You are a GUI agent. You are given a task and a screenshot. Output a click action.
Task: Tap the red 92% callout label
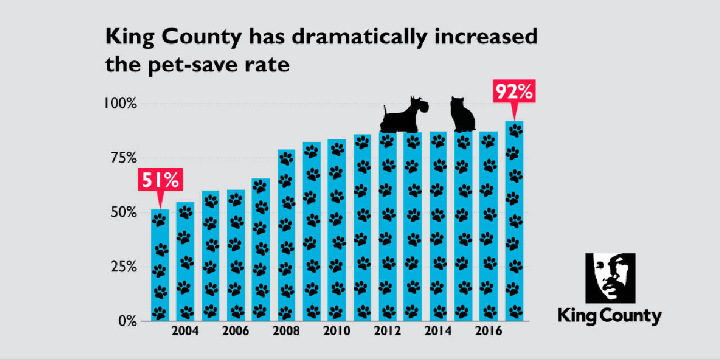click(x=513, y=92)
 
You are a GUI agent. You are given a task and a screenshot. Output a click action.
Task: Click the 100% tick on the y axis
click(x=119, y=104)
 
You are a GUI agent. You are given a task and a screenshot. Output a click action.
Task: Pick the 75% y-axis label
click(x=121, y=158)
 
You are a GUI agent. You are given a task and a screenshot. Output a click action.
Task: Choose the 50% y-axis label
click(x=121, y=213)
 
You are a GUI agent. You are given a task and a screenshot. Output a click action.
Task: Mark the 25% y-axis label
click(x=121, y=267)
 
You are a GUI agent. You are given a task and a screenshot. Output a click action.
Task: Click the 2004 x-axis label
click(x=185, y=331)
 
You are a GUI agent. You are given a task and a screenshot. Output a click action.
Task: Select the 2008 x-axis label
click(x=286, y=331)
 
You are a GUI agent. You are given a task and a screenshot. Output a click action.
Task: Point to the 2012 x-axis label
click(x=388, y=331)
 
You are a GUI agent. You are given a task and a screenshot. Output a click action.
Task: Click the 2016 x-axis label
click(x=489, y=331)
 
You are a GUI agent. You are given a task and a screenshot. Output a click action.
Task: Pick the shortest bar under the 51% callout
click(x=160, y=265)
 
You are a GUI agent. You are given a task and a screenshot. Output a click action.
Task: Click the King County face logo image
click(x=610, y=278)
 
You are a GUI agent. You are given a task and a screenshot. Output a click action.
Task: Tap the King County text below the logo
click(x=610, y=316)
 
